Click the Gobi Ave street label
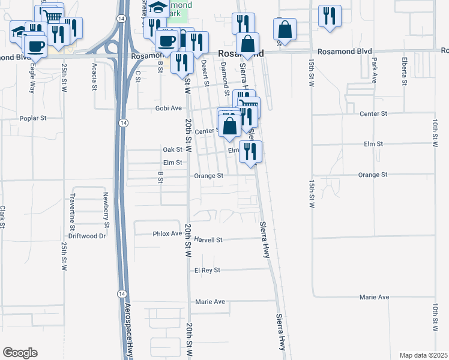[168, 108]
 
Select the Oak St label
[172, 149]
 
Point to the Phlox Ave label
[167, 233]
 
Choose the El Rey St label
[208, 271]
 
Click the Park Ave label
[374, 70]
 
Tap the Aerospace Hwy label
[128, 328]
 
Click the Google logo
[20, 353]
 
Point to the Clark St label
[3, 217]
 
